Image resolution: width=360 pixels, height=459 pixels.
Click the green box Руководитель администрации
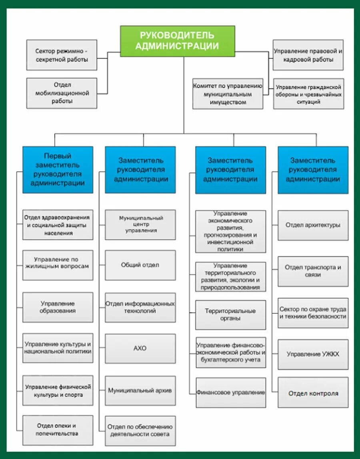[178, 41]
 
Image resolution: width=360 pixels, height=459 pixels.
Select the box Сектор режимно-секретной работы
[62, 55]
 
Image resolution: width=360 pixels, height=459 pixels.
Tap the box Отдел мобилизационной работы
[62, 93]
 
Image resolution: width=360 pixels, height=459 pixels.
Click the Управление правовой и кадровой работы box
[308, 55]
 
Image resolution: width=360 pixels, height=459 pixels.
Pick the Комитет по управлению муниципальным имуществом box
[228, 94]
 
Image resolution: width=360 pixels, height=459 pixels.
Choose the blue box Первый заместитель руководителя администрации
[58, 170]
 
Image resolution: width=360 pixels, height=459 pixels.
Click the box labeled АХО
[140, 349]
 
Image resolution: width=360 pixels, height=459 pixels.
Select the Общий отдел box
[140, 265]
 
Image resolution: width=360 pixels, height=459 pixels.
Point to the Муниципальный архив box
[140, 390]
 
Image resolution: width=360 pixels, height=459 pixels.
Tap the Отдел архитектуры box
[313, 225]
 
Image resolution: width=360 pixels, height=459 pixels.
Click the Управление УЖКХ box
[313, 354]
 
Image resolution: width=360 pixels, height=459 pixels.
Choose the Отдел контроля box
[313, 393]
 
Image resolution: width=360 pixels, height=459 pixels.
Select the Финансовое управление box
[231, 393]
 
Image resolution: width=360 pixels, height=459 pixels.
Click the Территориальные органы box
[231, 315]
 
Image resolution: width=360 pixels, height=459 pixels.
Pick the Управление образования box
[58, 307]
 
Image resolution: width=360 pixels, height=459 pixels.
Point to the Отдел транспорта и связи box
[313, 271]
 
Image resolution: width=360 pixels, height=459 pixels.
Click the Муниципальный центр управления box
[140, 224]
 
